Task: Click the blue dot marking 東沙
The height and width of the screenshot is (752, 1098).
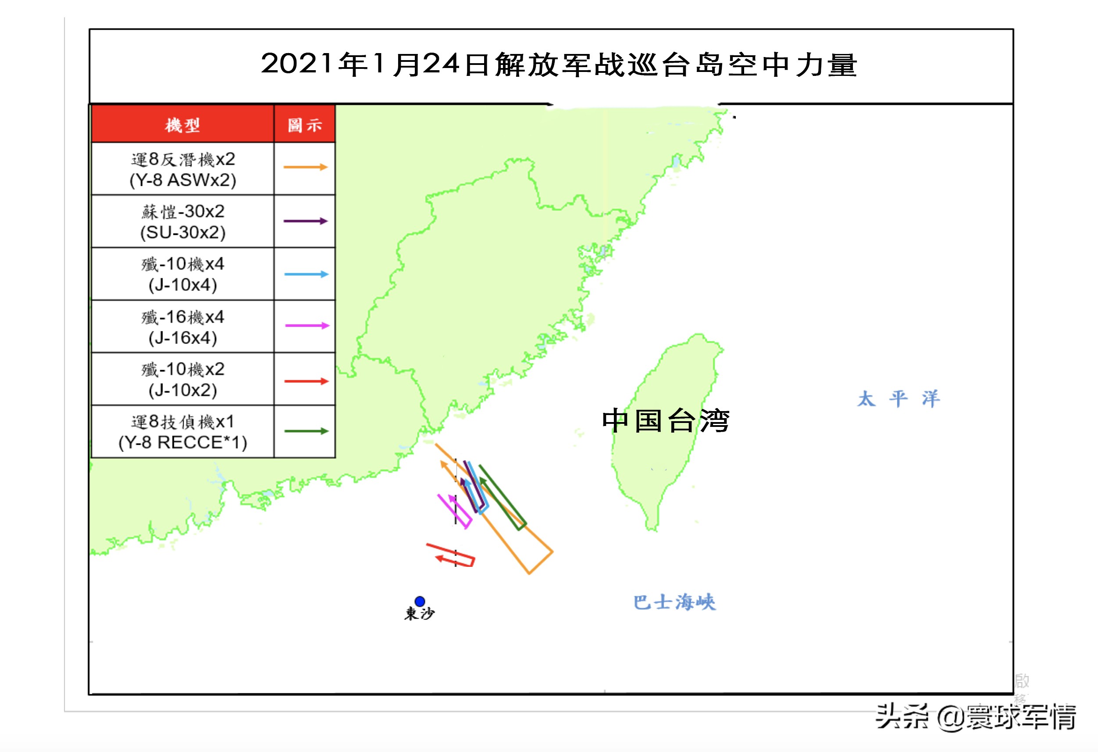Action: [x=420, y=601]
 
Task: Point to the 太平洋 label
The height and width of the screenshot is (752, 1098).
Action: [x=898, y=399]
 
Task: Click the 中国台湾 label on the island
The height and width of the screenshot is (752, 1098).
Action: [x=665, y=421]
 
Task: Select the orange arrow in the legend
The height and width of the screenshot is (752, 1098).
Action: [x=305, y=167]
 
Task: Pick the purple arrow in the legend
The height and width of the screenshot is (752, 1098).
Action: [x=305, y=221]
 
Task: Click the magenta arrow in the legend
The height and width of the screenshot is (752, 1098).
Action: [x=307, y=326]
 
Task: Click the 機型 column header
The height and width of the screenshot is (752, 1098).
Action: [x=182, y=125]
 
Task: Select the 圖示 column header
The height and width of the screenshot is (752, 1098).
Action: [x=305, y=125]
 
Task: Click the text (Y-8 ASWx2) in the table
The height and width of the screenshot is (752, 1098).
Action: [x=183, y=180]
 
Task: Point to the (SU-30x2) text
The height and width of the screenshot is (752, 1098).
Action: [x=183, y=233]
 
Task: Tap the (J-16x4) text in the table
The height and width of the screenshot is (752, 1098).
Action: [x=183, y=338]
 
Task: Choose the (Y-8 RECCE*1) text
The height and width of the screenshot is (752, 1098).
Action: [x=183, y=442]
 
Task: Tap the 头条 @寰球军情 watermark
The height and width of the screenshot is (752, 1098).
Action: [x=975, y=717]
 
